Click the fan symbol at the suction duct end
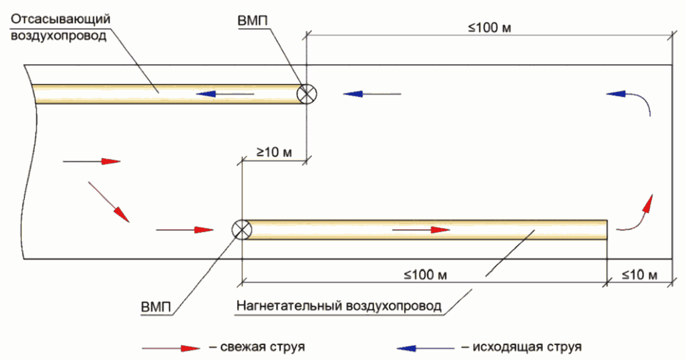click(306, 95)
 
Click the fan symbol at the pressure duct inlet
click(241, 229)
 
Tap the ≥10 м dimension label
click(273, 152)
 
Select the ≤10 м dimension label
click(639, 275)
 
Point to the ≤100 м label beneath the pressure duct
click(426, 275)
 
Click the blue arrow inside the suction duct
click(225, 95)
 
